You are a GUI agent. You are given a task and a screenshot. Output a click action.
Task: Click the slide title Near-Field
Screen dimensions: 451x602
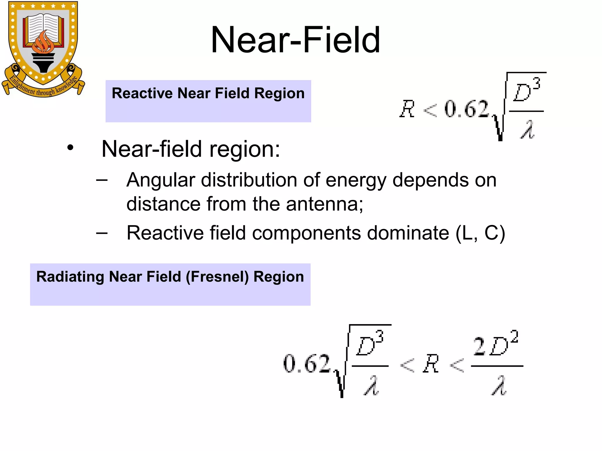(295, 40)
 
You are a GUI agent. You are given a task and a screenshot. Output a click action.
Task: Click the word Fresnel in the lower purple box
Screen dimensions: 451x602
(217, 277)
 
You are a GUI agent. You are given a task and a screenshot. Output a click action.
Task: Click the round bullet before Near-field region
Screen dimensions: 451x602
(70, 148)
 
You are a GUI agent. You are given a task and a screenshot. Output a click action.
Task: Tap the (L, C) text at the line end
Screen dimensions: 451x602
(480, 233)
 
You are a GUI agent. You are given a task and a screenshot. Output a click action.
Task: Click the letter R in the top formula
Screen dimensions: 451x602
(407, 109)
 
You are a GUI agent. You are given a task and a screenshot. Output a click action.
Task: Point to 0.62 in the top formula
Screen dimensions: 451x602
(466, 109)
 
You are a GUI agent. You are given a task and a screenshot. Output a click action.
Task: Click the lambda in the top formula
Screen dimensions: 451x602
(527, 130)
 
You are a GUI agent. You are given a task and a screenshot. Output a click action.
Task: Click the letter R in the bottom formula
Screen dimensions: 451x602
(431, 364)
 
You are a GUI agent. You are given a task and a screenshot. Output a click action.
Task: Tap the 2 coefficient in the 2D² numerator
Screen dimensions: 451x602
(479, 346)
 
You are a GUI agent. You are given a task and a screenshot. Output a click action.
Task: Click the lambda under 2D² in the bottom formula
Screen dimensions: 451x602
(499, 386)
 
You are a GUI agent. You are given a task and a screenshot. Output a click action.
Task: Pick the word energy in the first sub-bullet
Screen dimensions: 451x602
(356, 180)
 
